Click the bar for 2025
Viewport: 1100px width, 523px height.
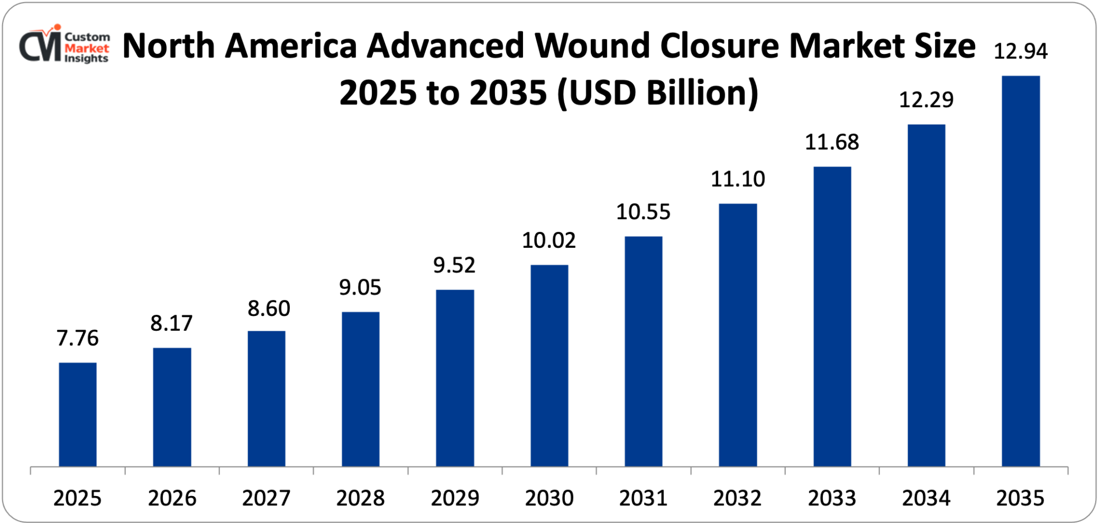pos(78,414)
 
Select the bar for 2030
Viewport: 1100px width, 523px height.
pos(549,365)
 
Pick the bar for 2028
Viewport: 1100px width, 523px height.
pos(360,389)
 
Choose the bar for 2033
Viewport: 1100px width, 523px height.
pos(832,316)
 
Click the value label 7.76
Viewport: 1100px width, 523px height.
pos(78,338)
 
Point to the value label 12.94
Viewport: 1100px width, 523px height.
pos(1021,52)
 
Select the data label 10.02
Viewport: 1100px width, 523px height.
pos(549,241)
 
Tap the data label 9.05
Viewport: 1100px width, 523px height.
pos(360,287)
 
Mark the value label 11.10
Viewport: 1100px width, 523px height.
pos(738,179)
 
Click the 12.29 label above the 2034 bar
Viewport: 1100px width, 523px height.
pos(926,100)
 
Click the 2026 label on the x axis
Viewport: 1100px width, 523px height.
pos(172,498)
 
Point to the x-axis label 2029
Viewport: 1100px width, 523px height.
pos(455,498)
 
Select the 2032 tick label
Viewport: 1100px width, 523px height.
pos(738,498)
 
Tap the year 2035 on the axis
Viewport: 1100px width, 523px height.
pos(1020,498)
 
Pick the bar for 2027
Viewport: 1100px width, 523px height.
pos(266,398)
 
